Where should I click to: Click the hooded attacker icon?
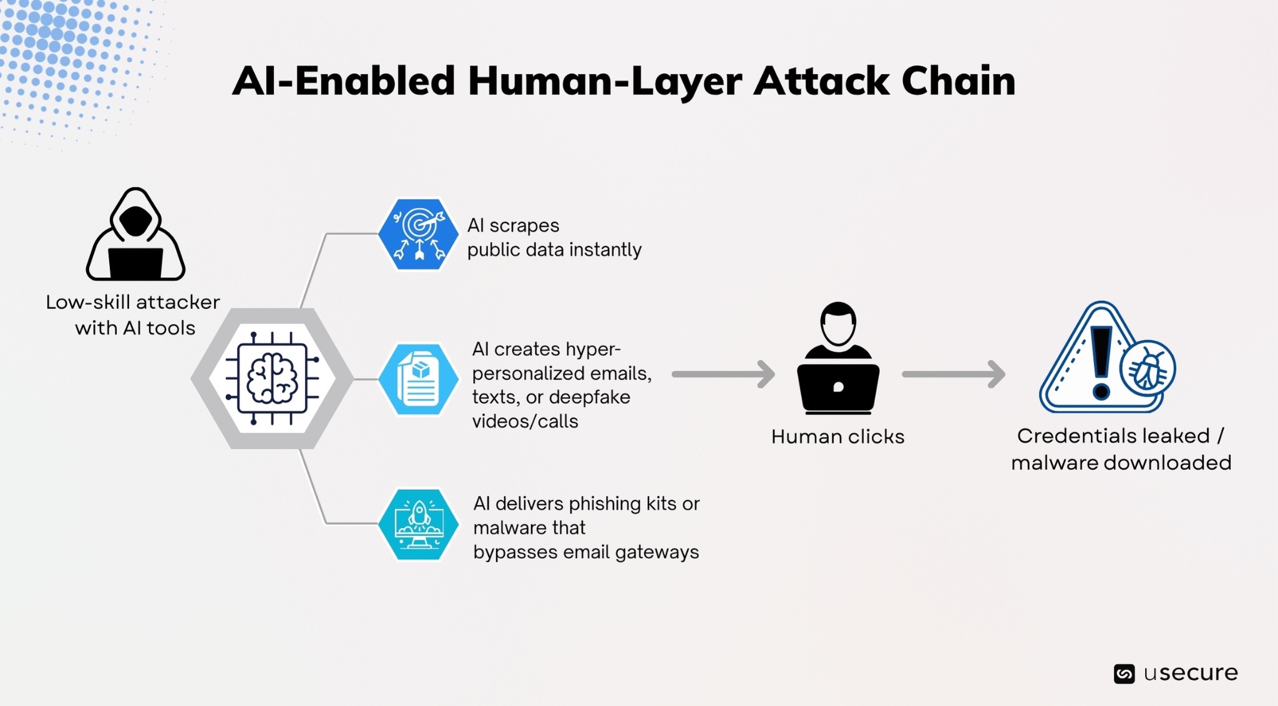pos(135,234)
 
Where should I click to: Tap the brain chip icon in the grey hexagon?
pos(272,378)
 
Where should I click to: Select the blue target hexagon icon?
pos(418,234)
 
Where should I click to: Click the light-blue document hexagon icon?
pos(418,379)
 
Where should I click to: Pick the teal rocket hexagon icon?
pos(418,524)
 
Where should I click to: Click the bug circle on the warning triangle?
pos(1148,370)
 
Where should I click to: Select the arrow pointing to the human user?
pos(723,375)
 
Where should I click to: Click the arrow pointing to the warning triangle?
pos(954,375)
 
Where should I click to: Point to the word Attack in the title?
pos(821,81)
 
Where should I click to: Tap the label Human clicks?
pos(837,436)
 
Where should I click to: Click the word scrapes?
pos(524,225)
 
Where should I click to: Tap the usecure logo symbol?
pos(1124,674)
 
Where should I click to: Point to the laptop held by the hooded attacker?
pos(135,263)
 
